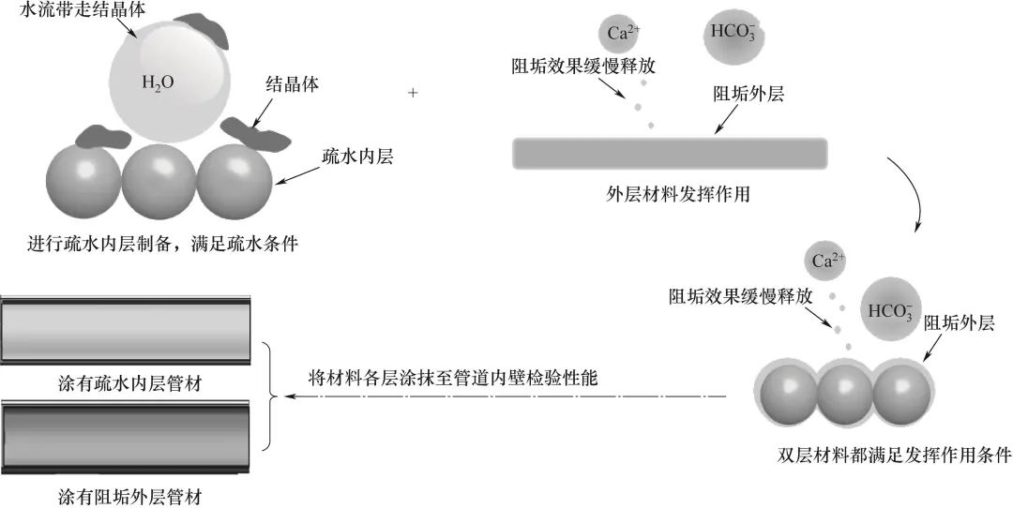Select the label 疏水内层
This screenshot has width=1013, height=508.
(357, 157)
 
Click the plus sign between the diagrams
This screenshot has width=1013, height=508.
(413, 93)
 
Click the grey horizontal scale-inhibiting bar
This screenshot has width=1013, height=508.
(670, 154)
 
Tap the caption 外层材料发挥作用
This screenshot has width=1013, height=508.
(678, 194)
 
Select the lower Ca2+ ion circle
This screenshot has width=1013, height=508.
(824, 261)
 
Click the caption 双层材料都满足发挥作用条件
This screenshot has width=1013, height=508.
(894, 456)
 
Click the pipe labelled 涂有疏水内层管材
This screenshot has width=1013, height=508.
(126, 330)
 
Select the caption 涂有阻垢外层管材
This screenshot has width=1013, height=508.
(129, 498)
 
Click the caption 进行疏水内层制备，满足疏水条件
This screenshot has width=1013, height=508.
(162, 244)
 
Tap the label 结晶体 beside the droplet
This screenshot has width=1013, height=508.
(293, 85)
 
